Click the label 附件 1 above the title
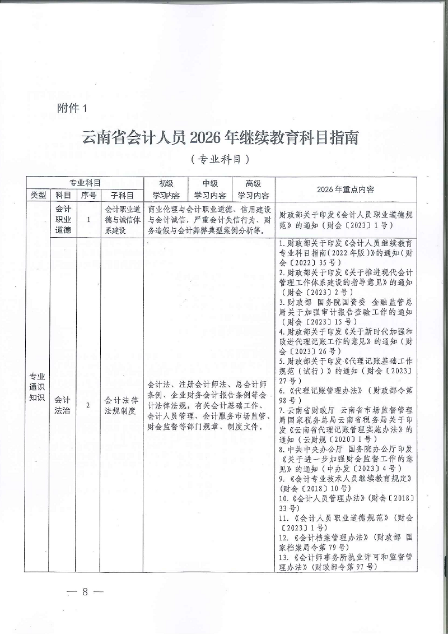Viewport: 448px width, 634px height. (x=73, y=109)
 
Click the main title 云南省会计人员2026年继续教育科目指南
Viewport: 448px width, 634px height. (x=220, y=137)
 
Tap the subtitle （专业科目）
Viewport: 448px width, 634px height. (x=220, y=160)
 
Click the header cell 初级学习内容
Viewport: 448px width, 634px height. (x=165, y=189)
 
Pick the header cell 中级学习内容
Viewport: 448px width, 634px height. (x=209, y=189)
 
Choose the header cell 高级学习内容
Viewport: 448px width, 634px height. (x=253, y=189)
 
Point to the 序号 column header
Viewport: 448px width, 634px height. (x=88, y=196)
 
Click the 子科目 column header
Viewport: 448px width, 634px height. (x=122, y=196)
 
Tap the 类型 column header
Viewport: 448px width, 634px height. (x=39, y=196)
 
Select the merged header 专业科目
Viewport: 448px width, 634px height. (x=85, y=183)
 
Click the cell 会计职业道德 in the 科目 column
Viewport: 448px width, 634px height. (x=63, y=219)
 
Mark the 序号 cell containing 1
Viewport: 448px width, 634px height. (x=88, y=220)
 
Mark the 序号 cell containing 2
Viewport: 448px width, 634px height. (x=88, y=406)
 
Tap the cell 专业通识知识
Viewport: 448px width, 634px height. (x=38, y=387)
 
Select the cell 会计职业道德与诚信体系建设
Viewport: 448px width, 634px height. (x=122, y=220)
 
